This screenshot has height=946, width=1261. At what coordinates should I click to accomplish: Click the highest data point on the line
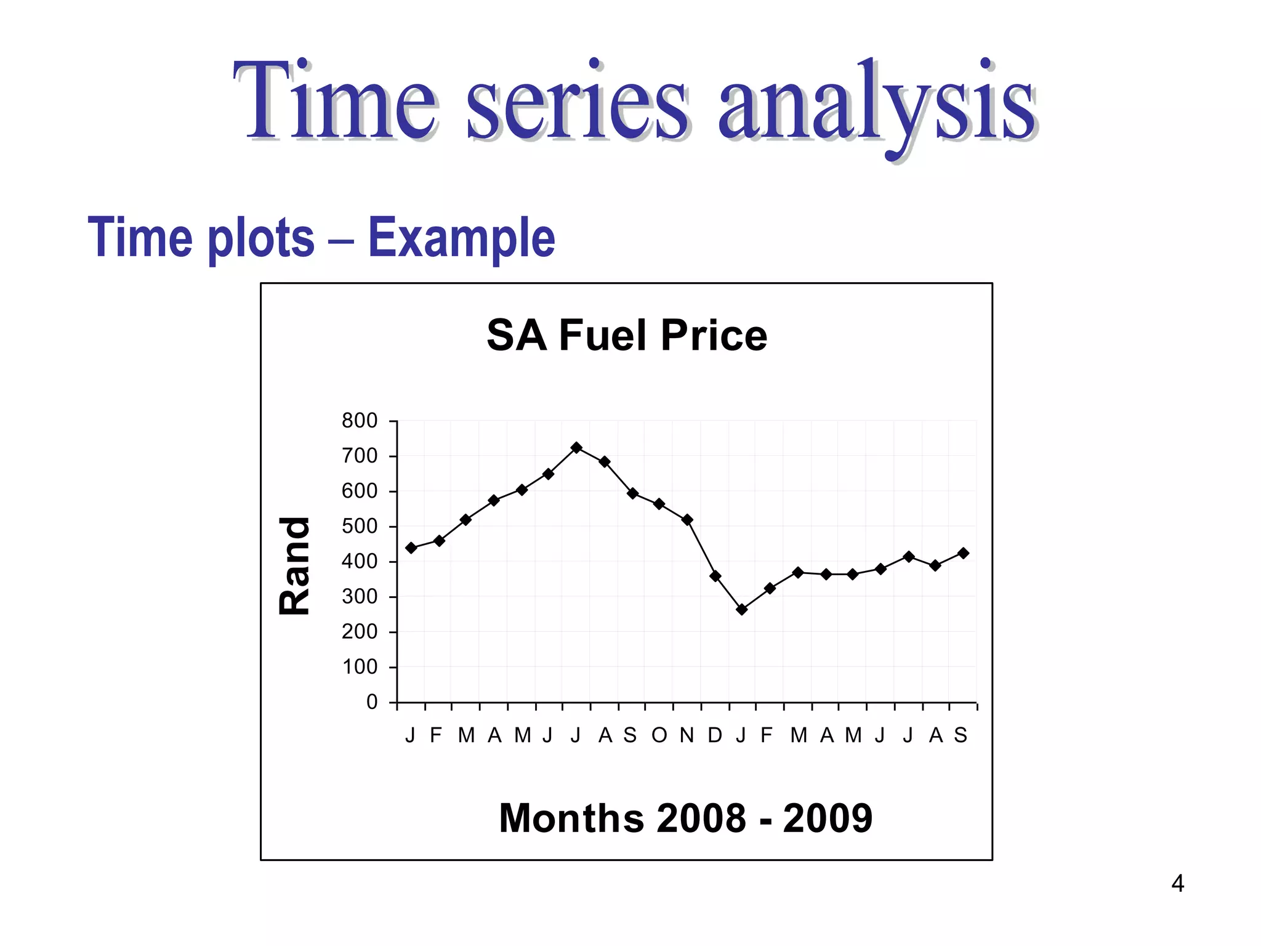click(576, 448)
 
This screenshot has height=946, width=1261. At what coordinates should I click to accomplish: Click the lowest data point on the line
click(742, 610)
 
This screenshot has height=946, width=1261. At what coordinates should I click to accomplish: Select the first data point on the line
click(411, 548)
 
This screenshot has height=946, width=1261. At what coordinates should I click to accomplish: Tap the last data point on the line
click(964, 553)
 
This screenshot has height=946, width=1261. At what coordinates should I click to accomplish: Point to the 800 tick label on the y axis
click(360, 421)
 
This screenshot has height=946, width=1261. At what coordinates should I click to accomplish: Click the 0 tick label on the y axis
click(372, 702)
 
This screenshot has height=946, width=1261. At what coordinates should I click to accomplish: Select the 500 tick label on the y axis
click(360, 527)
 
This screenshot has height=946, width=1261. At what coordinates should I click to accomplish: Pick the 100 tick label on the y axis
click(360, 667)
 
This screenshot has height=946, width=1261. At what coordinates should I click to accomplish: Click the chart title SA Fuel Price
click(627, 336)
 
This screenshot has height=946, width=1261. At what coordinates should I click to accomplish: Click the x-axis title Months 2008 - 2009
click(685, 818)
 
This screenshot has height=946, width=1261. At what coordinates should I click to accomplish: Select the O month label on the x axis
click(659, 735)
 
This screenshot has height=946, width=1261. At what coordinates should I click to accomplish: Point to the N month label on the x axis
click(687, 735)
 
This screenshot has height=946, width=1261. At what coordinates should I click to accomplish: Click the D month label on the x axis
click(715, 735)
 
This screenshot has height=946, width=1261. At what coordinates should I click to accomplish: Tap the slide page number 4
click(1177, 884)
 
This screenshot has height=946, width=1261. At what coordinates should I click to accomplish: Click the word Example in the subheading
click(462, 238)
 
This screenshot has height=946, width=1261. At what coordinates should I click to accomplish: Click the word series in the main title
click(576, 102)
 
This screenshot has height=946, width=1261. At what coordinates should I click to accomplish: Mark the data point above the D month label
click(715, 576)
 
